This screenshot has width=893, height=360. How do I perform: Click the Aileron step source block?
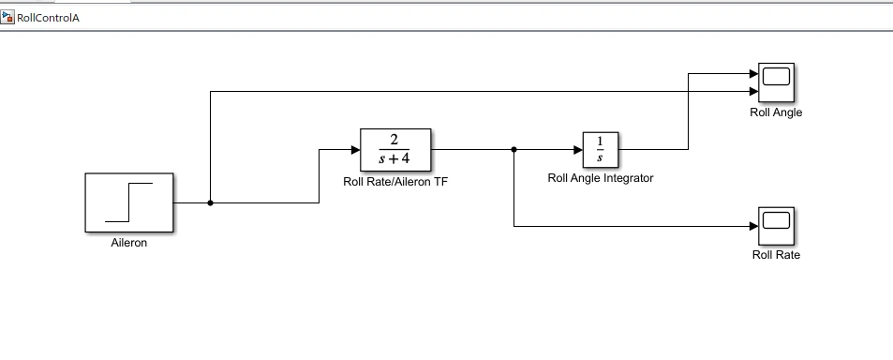pos(129,202)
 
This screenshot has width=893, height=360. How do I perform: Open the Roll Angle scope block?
pos(776,82)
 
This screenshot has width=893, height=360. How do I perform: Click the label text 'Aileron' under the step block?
pos(129,243)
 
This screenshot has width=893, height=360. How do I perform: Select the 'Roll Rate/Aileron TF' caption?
pos(394,182)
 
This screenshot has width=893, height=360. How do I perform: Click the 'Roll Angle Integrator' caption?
pos(600,178)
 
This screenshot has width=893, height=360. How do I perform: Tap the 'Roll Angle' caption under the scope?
pos(776,112)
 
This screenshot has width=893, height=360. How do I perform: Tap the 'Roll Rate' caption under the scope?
pos(776,255)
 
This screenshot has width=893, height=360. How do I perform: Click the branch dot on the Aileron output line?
pos(210,202)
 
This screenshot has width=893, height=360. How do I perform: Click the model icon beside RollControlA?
pos(8,18)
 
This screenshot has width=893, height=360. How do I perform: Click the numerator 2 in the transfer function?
pos(394,141)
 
